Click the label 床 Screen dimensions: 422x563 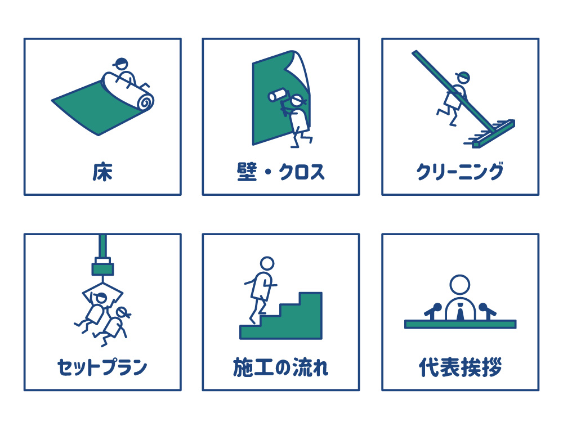coord(102,172)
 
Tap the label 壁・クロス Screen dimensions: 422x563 coord(281,172)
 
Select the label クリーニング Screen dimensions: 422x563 coord(460,172)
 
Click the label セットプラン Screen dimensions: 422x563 coord(102,367)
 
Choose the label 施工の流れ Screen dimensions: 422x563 coord(281,367)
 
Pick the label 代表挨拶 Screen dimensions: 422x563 coord(460,367)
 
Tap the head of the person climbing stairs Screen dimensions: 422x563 coord(267,263)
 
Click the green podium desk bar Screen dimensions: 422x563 coord(460,324)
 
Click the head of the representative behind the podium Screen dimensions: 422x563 coord(461,284)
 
